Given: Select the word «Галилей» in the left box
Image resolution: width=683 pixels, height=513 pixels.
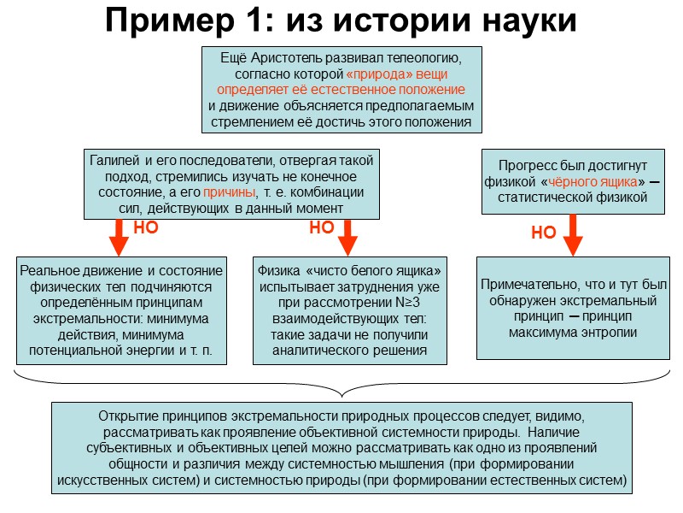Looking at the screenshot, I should (x=114, y=160).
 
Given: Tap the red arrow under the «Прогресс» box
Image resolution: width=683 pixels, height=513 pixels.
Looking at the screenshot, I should (x=573, y=233).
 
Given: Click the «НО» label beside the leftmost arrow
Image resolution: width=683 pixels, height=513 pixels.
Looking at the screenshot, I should (x=146, y=228).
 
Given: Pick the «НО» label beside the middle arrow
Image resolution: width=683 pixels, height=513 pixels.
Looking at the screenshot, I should (x=321, y=228).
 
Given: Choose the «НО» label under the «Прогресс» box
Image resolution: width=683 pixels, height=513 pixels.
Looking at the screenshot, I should (x=544, y=233).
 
